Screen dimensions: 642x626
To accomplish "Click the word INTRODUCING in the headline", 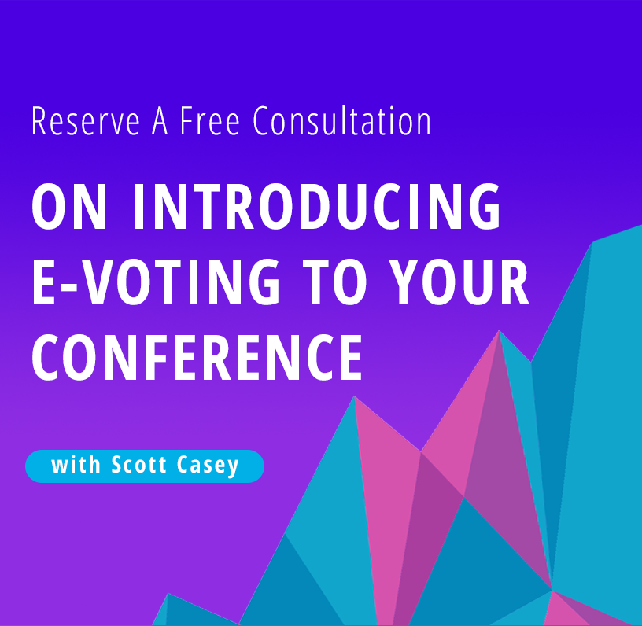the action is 317,206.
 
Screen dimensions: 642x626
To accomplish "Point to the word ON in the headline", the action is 69,206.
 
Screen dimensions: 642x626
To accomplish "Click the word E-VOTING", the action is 156,282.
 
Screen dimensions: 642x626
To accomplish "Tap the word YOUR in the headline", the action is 459,282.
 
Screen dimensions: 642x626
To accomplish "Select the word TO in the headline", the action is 334,282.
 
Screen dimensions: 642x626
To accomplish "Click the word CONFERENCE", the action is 197,357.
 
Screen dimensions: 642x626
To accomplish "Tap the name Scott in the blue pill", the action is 138,465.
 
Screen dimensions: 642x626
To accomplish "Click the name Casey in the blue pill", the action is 208,466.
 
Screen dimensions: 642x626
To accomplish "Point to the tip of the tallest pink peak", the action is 499,330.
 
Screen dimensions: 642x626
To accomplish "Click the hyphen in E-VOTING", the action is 69,286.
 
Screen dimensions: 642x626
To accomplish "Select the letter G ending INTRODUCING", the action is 485,206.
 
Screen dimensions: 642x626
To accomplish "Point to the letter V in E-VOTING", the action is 96,282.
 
